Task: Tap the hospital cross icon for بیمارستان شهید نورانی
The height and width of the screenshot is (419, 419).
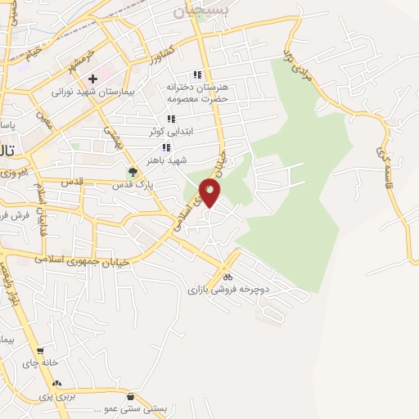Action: coord(92,79)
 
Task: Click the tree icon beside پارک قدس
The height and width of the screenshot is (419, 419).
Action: coord(133,172)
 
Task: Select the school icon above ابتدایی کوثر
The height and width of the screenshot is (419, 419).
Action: coord(170,119)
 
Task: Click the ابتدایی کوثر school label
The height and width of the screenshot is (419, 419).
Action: coord(169,131)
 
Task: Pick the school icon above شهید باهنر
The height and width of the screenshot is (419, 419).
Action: coord(166,147)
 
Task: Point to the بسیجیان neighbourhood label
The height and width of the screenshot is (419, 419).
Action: coord(197,11)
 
